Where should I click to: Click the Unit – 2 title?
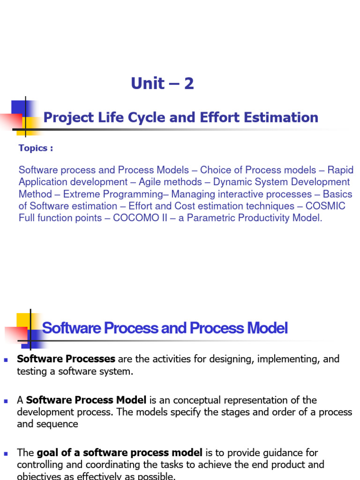[162, 83]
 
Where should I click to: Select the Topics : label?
[36, 148]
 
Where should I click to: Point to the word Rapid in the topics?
[340, 170]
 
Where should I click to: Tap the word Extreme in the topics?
[81, 194]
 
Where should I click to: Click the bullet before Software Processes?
[6, 360]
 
